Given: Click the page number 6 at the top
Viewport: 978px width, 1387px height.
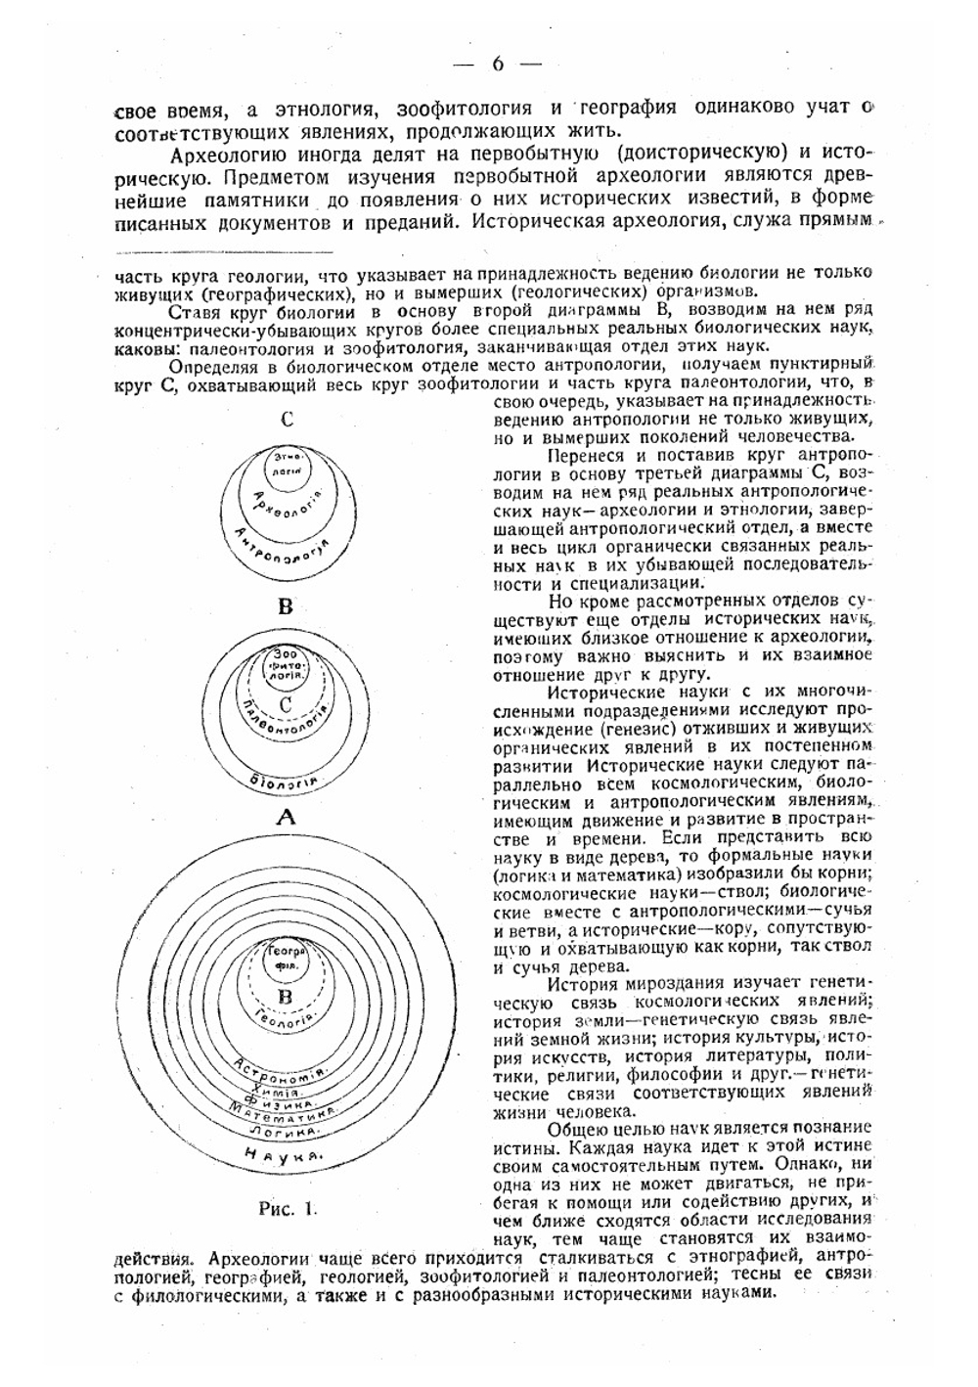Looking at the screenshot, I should (497, 65).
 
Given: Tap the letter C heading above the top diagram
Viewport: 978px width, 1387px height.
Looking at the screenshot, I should (287, 420).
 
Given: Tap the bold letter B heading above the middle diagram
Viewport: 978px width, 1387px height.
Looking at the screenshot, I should (286, 606).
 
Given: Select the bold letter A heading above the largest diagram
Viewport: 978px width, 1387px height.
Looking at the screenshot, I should (286, 818).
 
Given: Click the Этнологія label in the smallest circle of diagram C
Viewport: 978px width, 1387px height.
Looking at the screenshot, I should (286, 463).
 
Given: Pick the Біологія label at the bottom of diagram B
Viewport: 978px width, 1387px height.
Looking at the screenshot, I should (284, 780).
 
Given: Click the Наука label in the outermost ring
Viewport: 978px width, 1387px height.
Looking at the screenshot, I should (284, 1155).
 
